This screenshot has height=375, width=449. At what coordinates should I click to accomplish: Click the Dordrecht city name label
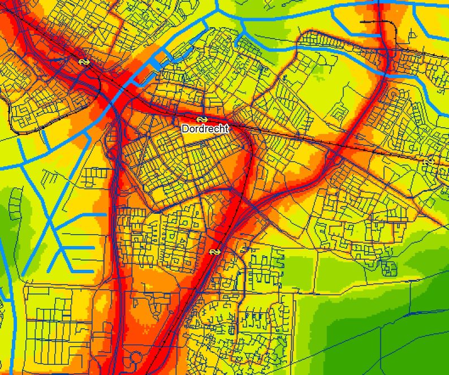coord(205,129)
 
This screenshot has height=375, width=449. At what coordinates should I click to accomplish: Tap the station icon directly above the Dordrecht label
coord(201,119)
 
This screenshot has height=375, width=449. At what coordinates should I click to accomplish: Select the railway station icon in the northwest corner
coord(84,62)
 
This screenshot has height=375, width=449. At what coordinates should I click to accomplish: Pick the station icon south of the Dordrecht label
coord(214,251)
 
